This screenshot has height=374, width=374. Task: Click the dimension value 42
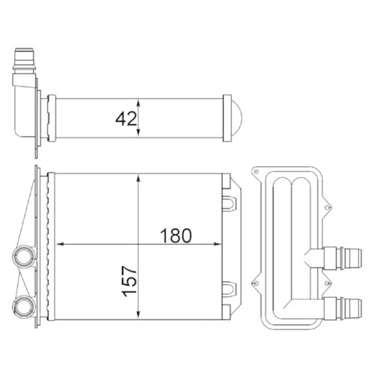[x=125, y=117]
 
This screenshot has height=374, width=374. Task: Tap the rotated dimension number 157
[x=129, y=282]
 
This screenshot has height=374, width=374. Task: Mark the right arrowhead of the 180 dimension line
[x=218, y=244]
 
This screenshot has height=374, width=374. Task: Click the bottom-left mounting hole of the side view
[x=256, y=284]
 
